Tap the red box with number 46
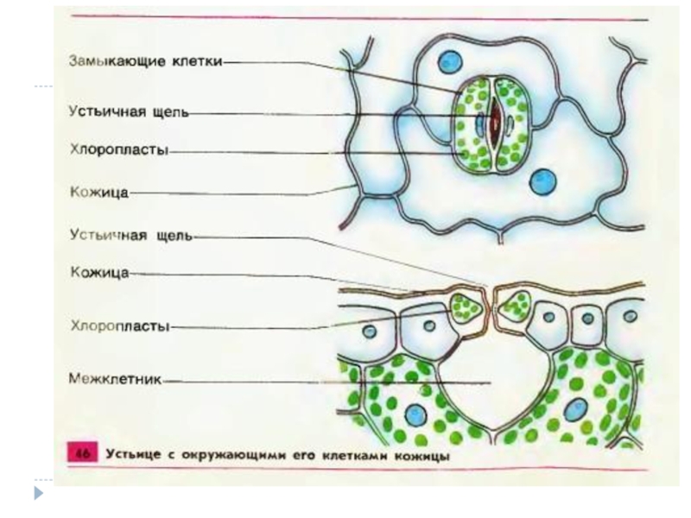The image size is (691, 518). pos(83,454)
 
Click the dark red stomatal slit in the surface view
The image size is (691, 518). pos(494,124)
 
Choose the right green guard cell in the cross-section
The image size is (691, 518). pos(518,304)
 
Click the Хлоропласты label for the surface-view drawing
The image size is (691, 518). pos(118,148)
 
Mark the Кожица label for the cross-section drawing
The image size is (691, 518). pos(98,272)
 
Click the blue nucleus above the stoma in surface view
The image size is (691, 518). pos(449,61)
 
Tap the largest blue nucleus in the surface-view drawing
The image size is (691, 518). pos(543,180)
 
